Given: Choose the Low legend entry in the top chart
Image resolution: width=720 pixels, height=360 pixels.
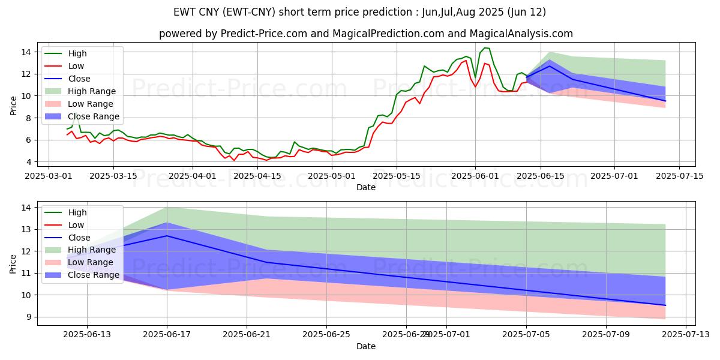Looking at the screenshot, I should (76, 66).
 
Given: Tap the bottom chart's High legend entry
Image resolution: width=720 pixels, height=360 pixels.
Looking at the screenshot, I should (77, 212).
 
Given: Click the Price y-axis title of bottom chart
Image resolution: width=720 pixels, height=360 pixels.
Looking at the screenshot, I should (13, 263).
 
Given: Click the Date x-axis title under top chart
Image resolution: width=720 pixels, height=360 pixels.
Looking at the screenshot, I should (366, 187).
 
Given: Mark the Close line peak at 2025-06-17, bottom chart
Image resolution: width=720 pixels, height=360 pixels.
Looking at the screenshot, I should (167, 236).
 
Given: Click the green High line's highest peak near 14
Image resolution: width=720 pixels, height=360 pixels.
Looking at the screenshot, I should (485, 48).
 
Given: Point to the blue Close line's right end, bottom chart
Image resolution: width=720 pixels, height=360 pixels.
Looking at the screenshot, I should (665, 305).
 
